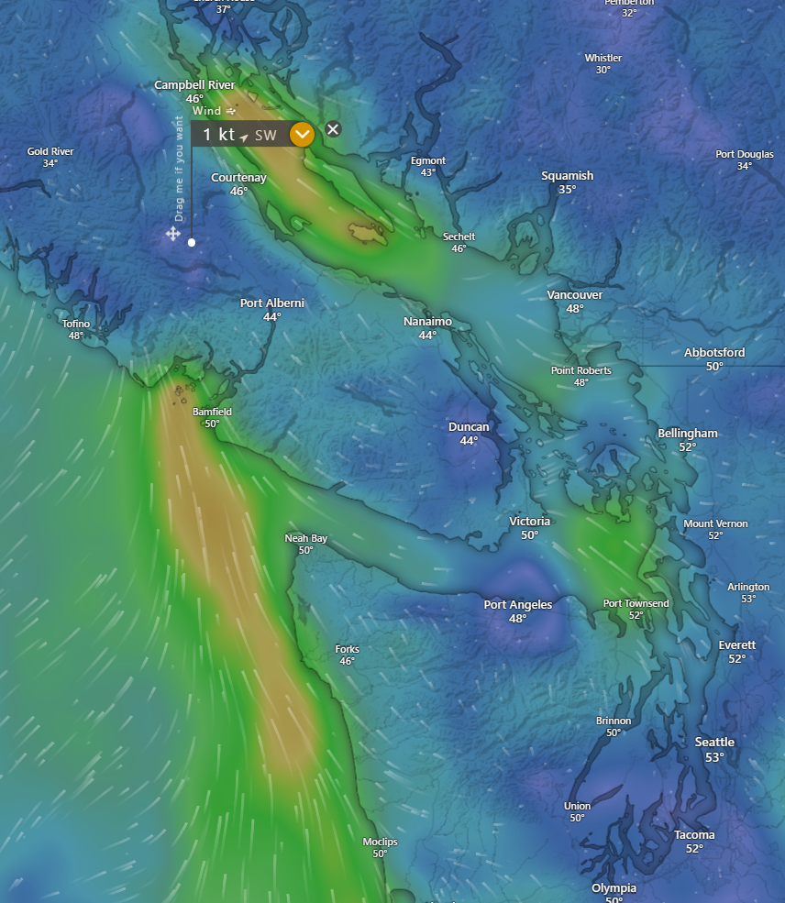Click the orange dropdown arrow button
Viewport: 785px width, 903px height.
coord(302,135)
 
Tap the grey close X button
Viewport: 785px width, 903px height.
coord(333,129)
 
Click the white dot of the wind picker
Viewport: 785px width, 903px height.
coord(192,242)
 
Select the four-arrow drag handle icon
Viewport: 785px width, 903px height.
coord(172,234)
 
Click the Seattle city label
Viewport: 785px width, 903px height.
coord(714,743)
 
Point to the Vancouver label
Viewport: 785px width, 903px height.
coord(575,295)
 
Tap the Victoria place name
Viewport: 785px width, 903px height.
coord(529,522)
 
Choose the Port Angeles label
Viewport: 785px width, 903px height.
coord(518,605)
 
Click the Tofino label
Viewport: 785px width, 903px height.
coord(76,324)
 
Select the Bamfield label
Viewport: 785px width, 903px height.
coord(212,413)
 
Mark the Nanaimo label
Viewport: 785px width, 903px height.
coord(427,322)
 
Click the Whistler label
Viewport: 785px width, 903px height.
coord(603,58)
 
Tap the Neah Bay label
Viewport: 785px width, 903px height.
coord(305,538)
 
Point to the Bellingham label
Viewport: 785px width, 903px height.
coord(688,434)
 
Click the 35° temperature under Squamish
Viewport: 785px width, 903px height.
coord(567,190)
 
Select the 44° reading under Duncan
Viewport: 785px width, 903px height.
coord(469,441)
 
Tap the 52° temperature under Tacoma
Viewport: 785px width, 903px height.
coord(694,849)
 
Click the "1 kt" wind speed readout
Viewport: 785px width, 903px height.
coord(219,135)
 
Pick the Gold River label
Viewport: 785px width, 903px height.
coord(50,151)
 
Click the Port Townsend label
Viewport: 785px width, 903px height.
coord(636,603)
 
